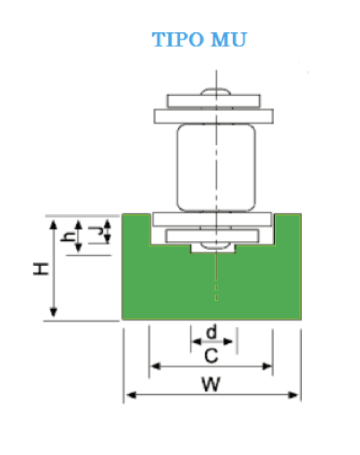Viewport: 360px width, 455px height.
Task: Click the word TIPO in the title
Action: [177, 39]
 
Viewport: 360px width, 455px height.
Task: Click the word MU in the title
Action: [229, 39]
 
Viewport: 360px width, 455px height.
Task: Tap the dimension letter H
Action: [41, 269]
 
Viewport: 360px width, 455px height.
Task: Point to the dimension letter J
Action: [96, 232]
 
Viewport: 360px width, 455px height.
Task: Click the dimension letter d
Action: [211, 332]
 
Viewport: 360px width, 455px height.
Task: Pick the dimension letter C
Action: [211, 356]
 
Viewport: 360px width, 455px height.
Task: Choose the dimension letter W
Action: [211, 384]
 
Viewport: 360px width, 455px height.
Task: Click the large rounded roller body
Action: [217, 167]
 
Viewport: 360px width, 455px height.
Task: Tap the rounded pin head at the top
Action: [216, 91]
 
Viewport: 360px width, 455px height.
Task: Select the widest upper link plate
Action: [214, 116]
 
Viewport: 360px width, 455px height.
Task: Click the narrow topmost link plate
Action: [214, 101]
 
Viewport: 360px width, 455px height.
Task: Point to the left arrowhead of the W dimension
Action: [132, 395]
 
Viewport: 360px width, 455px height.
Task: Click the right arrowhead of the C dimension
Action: [267, 366]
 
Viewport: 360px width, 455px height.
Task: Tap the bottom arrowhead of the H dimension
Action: [54, 312]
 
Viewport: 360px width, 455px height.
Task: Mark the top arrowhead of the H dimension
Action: [54, 225]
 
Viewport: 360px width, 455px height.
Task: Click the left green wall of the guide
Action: [136, 229]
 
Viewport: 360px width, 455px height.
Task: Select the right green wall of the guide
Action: [288, 229]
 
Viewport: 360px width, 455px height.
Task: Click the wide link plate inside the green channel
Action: [212, 219]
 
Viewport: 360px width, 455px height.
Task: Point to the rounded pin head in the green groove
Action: [216, 245]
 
